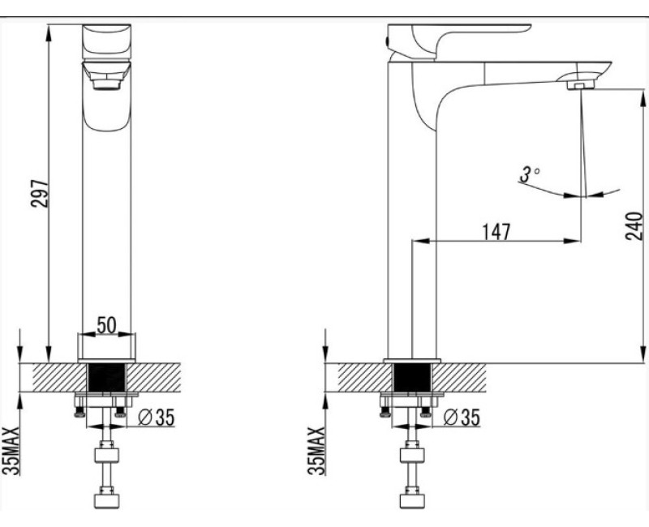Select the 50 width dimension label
click(107, 324)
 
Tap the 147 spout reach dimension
click(496, 231)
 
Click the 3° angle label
click(529, 174)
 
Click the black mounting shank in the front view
click(107, 379)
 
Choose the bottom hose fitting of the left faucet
click(107, 496)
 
